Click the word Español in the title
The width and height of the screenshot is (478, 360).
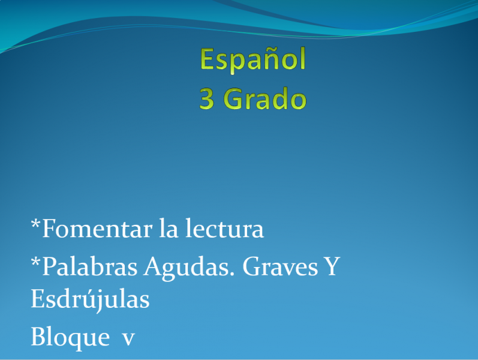(252, 60)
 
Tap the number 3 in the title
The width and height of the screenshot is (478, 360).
(207, 98)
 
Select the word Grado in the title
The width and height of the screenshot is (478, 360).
(265, 98)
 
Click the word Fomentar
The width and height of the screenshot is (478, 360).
(97, 229)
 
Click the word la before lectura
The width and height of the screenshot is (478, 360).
(169, 228)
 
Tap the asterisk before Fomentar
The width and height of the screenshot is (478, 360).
(35, 224)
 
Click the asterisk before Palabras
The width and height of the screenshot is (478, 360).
(35, 262)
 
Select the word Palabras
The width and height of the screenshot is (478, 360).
(89, 266)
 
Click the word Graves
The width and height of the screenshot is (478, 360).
(280, 266)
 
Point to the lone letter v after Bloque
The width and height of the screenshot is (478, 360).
(128, 338)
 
